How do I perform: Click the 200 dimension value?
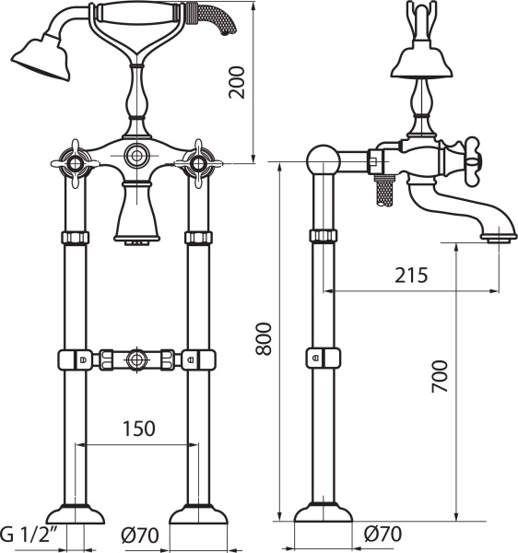[237, 82]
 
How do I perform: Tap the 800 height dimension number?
[264, 338]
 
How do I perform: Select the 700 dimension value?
[440, 376]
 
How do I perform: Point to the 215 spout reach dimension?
[411, 275]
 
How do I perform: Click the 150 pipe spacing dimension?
[138, 429]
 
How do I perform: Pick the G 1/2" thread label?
[28, 535]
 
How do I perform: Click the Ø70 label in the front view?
[139, 535]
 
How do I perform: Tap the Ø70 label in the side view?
[383, 534]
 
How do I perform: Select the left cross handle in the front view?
[75, 164]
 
